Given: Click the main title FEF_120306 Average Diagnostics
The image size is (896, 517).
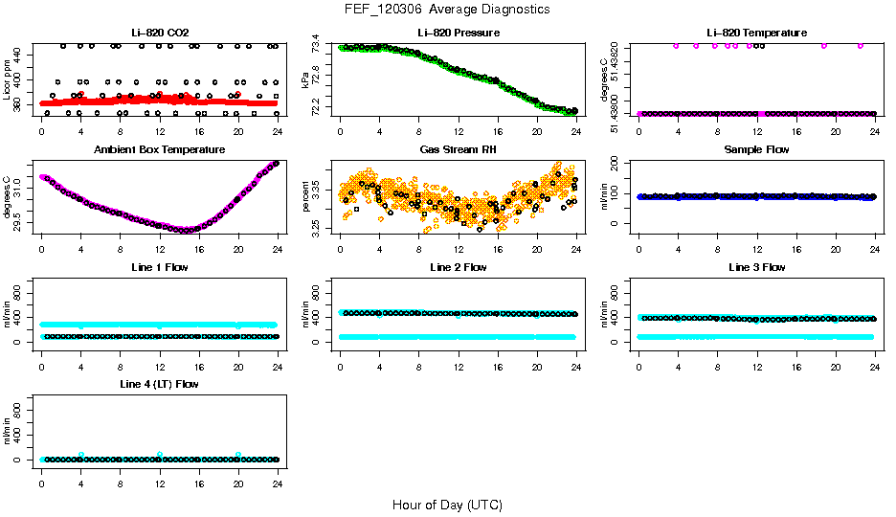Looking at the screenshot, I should click(x=449, y=9).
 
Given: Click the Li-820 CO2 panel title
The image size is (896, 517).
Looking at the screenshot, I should click(x=159, y=33).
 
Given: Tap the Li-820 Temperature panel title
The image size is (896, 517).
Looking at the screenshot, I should click(x=756, y=33).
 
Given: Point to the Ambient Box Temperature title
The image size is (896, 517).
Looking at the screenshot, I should click(x=159, y=150).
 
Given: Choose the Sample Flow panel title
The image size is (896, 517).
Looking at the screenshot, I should click(x=756, y=150).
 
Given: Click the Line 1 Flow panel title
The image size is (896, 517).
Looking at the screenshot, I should click(x=159, y=267).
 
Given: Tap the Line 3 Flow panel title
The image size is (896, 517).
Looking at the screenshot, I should click(x=756, y=267).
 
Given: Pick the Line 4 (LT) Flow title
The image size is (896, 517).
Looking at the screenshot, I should click(x=159, y=384).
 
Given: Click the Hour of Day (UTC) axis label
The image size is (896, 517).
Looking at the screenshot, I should click(x=447, y=505).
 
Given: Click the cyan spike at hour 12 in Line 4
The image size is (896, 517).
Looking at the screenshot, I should click(x=160, y=454).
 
